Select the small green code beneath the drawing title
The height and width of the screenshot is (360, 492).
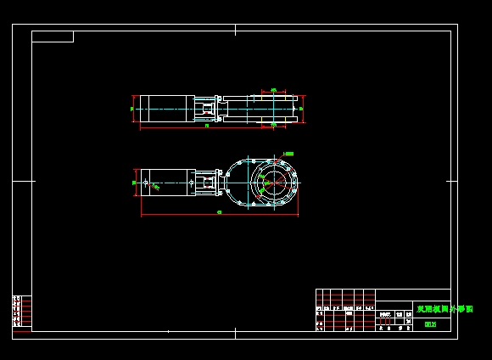pos(430,324)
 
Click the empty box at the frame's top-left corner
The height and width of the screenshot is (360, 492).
pos(53,37)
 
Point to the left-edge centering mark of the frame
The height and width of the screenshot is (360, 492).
pos(22,181)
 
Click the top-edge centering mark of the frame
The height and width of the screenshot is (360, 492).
pos(235,30)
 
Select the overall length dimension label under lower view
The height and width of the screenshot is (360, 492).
pos(220,212)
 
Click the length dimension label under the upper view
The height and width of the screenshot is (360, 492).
pos(207,126)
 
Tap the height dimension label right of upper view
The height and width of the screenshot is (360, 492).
pos(302,109)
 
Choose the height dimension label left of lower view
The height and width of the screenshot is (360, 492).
pos(134,182)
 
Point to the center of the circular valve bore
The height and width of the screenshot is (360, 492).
pos(273,182)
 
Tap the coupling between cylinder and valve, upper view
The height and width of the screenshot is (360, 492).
pos(206,109)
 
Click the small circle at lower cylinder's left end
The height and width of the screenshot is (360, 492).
pos(147,182)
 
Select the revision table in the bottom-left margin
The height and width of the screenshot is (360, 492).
pos(22,311)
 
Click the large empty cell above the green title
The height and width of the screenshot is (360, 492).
pos(412,295)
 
